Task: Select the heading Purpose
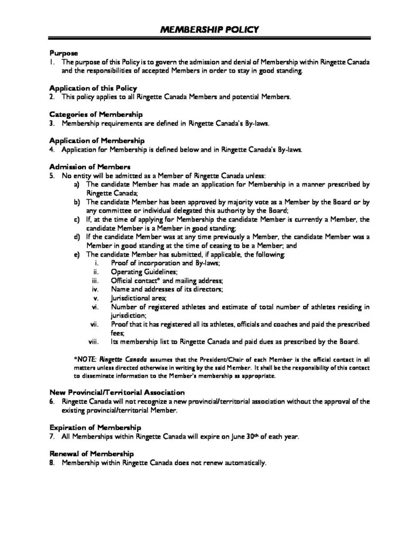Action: pos(64,53)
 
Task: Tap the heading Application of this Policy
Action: pos(93,88)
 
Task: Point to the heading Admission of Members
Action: pos(90,167)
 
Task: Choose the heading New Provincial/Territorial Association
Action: pos(117,392)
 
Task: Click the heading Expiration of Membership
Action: pos(95,427)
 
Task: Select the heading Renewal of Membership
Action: pos(91,454)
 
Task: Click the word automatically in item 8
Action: pos(244,463)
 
